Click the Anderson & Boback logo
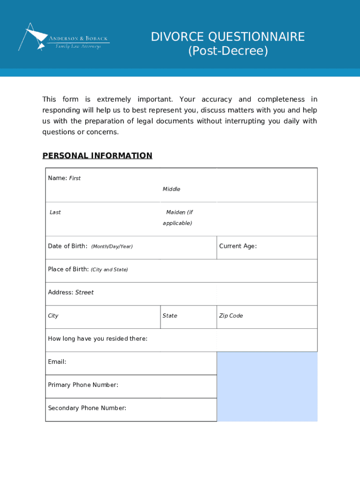pyautogui.click(x=64, y=37)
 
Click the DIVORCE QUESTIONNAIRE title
pyautogui.click(x=228, y=37)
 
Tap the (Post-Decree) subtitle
pyautogui.click(x=228, y=51)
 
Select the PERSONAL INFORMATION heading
pyautogui.click(x=97, y=156)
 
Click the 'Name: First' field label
pyautogui.click(x=64, y=178)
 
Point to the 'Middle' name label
pyautogui.click(x=171, y=189)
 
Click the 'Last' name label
pyautogui.click(x=55, y=212)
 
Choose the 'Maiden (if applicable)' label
pyautogui.click(x=178, y=218)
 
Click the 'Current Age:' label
pyautogui.click(x=238, y=246)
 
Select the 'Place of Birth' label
pyautogui.click(x=87, y=269)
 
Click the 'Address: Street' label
pyautogui.click(x=71, y=292)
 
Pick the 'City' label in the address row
pyautogui.click(x=53, y=316)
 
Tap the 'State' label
pyautogui.click(x=170, y=316)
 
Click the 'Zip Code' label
pyautogui.click(x=231, y=316)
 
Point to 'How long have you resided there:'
pyautogui.click(x=97, y=339)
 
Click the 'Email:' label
pyautogui.click(x=57, y=362)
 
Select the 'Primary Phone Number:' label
pyautogui.click(x=83, y=385)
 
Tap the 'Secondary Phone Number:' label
pyautogui.click(x=87, y=408)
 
